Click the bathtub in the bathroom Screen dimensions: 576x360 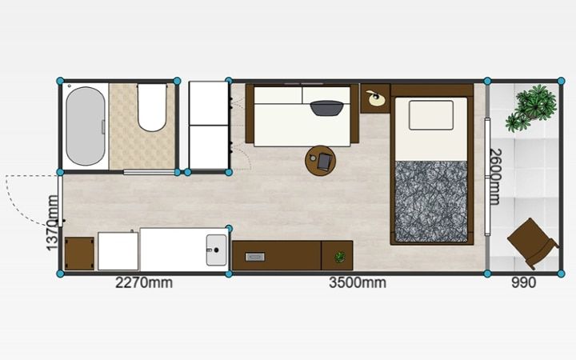pos(86,126)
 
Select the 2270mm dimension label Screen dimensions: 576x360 pos(144,283)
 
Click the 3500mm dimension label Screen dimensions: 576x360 pos(358,283)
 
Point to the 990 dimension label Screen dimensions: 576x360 pos(523,283)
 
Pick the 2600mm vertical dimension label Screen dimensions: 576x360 pos(495,177)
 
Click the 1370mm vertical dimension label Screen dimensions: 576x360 pos(53,223)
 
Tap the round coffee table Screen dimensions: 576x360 pos(320,161)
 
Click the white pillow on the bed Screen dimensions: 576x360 pos(431,115)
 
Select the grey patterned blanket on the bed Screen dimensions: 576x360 pos(431,202)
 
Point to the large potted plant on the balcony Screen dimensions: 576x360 pos(531,107)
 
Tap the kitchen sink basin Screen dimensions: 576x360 pos(216,250)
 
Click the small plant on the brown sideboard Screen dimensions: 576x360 pos(340,257)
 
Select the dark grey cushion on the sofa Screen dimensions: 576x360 pos(327,108)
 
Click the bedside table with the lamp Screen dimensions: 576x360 pos(374,98)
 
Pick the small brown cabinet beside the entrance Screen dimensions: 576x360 pos(79,254)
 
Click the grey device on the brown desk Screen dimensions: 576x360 pos(255,257)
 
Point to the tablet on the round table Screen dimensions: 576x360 pos(325,162)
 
